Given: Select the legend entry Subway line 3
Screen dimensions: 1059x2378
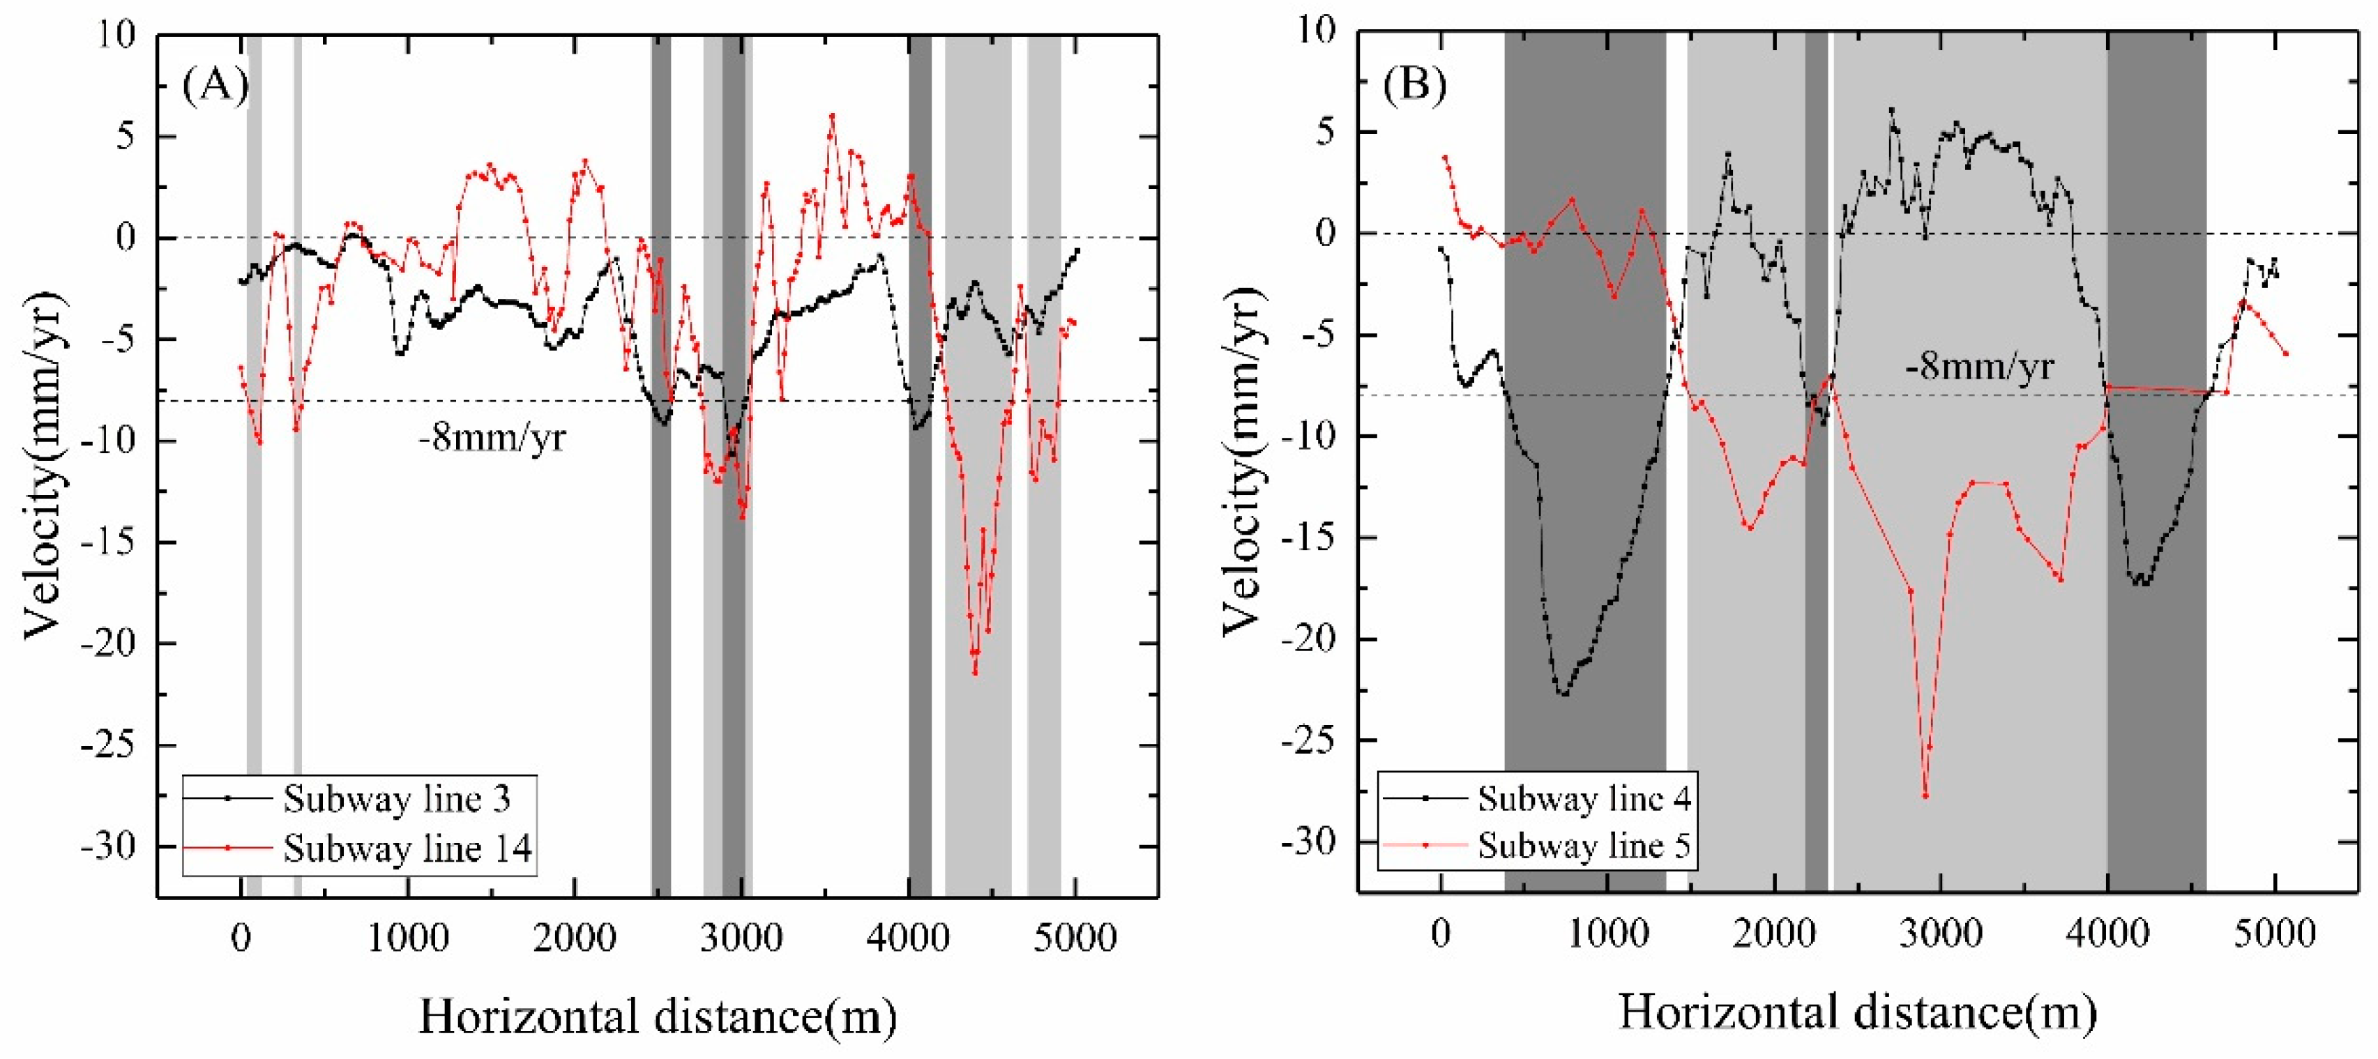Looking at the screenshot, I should point(397,799).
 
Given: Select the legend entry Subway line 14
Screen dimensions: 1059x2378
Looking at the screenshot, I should point(407,848).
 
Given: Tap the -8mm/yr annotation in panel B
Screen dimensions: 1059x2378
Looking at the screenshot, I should point(1979,367).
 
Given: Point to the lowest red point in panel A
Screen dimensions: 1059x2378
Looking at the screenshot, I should point(975,672).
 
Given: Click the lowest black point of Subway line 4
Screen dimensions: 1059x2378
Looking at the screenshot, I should point(1563,694).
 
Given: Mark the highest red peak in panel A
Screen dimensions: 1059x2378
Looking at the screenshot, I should point(832,116).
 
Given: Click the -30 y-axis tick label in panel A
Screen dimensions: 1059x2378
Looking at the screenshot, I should point(107,846).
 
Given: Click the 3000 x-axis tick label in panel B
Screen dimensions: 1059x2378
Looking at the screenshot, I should point(1941,934).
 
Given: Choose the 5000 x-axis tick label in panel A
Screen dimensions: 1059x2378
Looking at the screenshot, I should point(1075,938).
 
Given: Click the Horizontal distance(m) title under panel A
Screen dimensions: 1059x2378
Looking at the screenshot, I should point(658,1016).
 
